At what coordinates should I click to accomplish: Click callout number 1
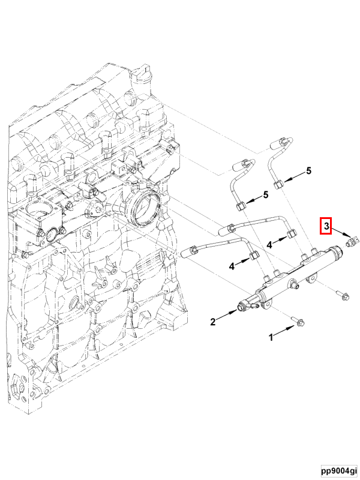pos(271,338)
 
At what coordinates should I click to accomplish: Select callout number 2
pos(213,322)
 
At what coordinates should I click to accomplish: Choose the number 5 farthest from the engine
pos(309,171)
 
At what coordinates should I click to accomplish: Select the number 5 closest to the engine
pos(265,196)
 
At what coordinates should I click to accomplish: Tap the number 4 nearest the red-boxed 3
pos(270,244)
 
